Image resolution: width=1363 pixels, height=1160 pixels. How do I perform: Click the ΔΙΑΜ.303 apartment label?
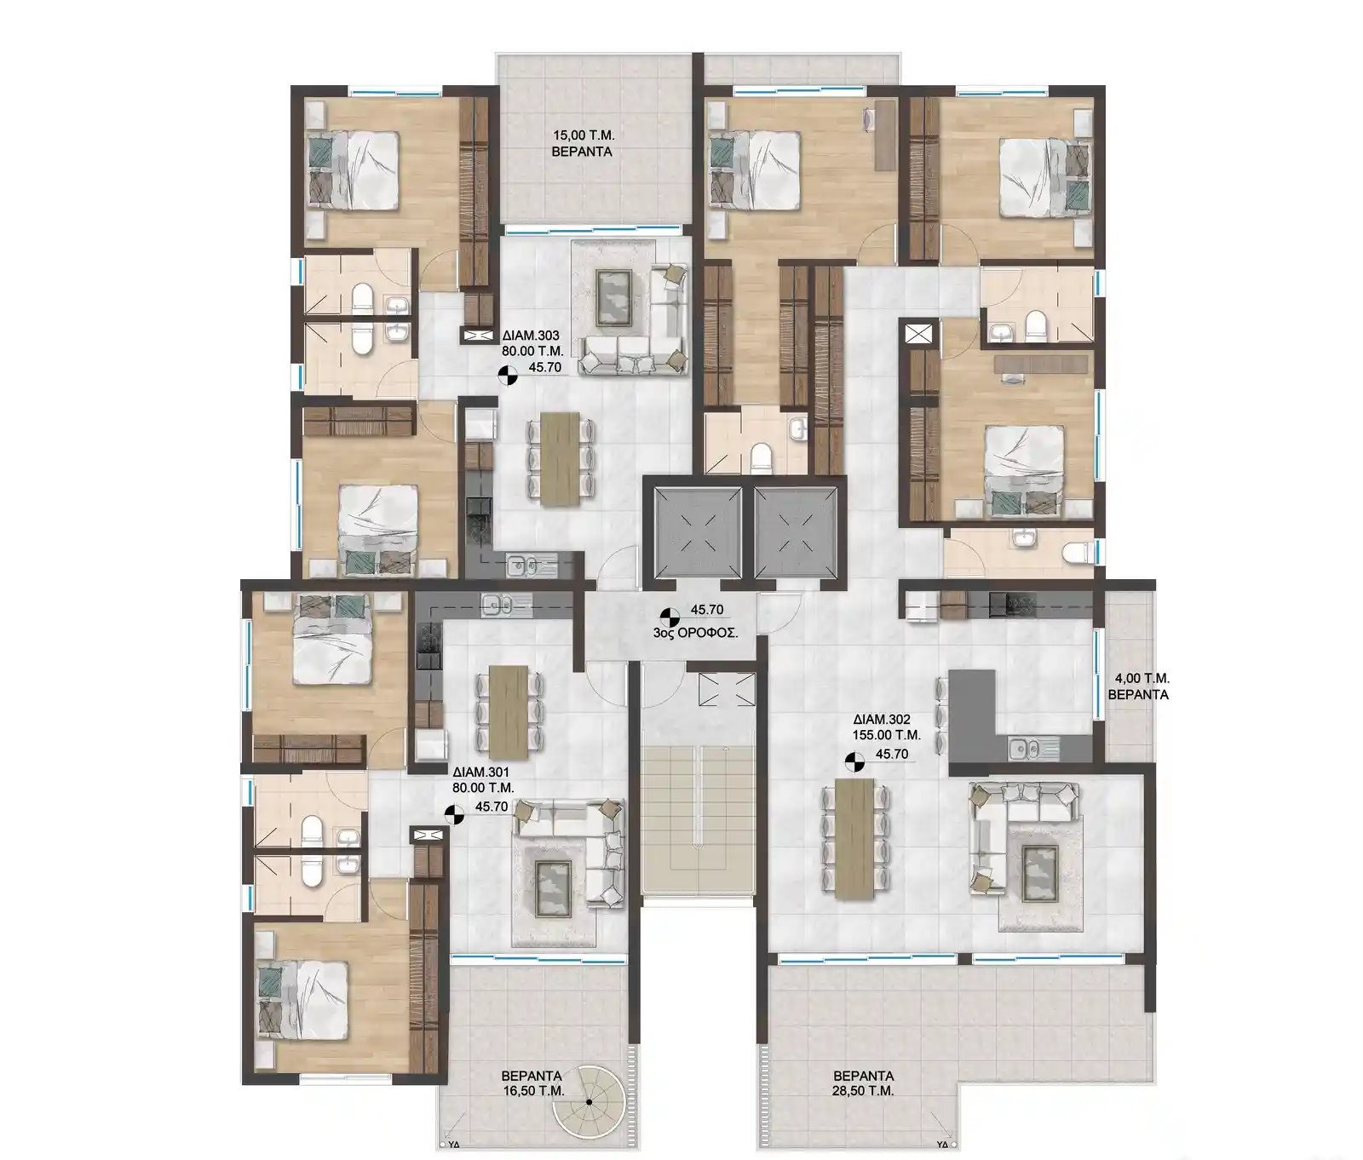pos(531,336)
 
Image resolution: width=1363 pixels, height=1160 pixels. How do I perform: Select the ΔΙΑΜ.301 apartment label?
pos(482,773)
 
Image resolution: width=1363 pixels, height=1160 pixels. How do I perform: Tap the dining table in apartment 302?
pos(856,839)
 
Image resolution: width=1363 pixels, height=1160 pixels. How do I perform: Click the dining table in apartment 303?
pos(560,460)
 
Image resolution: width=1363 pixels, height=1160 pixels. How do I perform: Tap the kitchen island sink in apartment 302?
pos(1021,749)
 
